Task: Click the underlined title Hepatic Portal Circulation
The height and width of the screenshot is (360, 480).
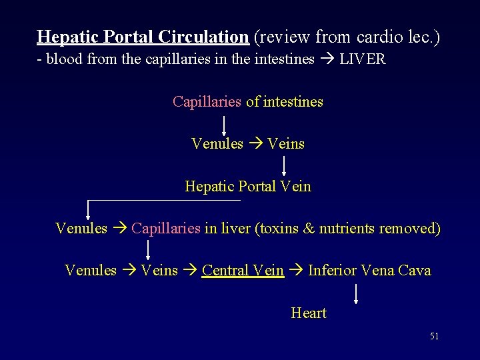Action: [x=143, y=36]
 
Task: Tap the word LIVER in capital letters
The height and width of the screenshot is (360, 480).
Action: [x=363, y=59]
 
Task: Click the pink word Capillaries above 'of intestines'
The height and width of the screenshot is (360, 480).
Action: [x=207, y=102]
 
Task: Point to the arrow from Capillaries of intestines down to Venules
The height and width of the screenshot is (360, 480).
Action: [x=223, y=124]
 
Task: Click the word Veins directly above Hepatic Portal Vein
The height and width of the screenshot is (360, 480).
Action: [x=285, y=144]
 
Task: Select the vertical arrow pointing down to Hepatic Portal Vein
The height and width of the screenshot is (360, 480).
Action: [x=285, y=165]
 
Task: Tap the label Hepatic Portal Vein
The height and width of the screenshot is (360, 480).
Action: [x=248, y=187]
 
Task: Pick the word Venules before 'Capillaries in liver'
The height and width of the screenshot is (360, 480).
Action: [x=81, y=229]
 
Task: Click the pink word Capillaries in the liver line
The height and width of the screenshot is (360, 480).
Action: [x=166, y=229]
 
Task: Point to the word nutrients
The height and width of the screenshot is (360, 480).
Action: [x=347, y=229]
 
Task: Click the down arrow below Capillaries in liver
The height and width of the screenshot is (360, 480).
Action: [x=148, y=249]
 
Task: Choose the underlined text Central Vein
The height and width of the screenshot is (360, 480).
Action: [x=243, y=271]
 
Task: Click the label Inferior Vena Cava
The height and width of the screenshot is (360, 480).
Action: [x=369, y=271]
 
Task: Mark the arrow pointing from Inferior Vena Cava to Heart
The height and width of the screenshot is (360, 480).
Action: [x=357, y=293]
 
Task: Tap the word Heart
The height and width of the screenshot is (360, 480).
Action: [x=309, y=313]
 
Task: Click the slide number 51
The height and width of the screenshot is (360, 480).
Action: [x=434, y=337]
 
